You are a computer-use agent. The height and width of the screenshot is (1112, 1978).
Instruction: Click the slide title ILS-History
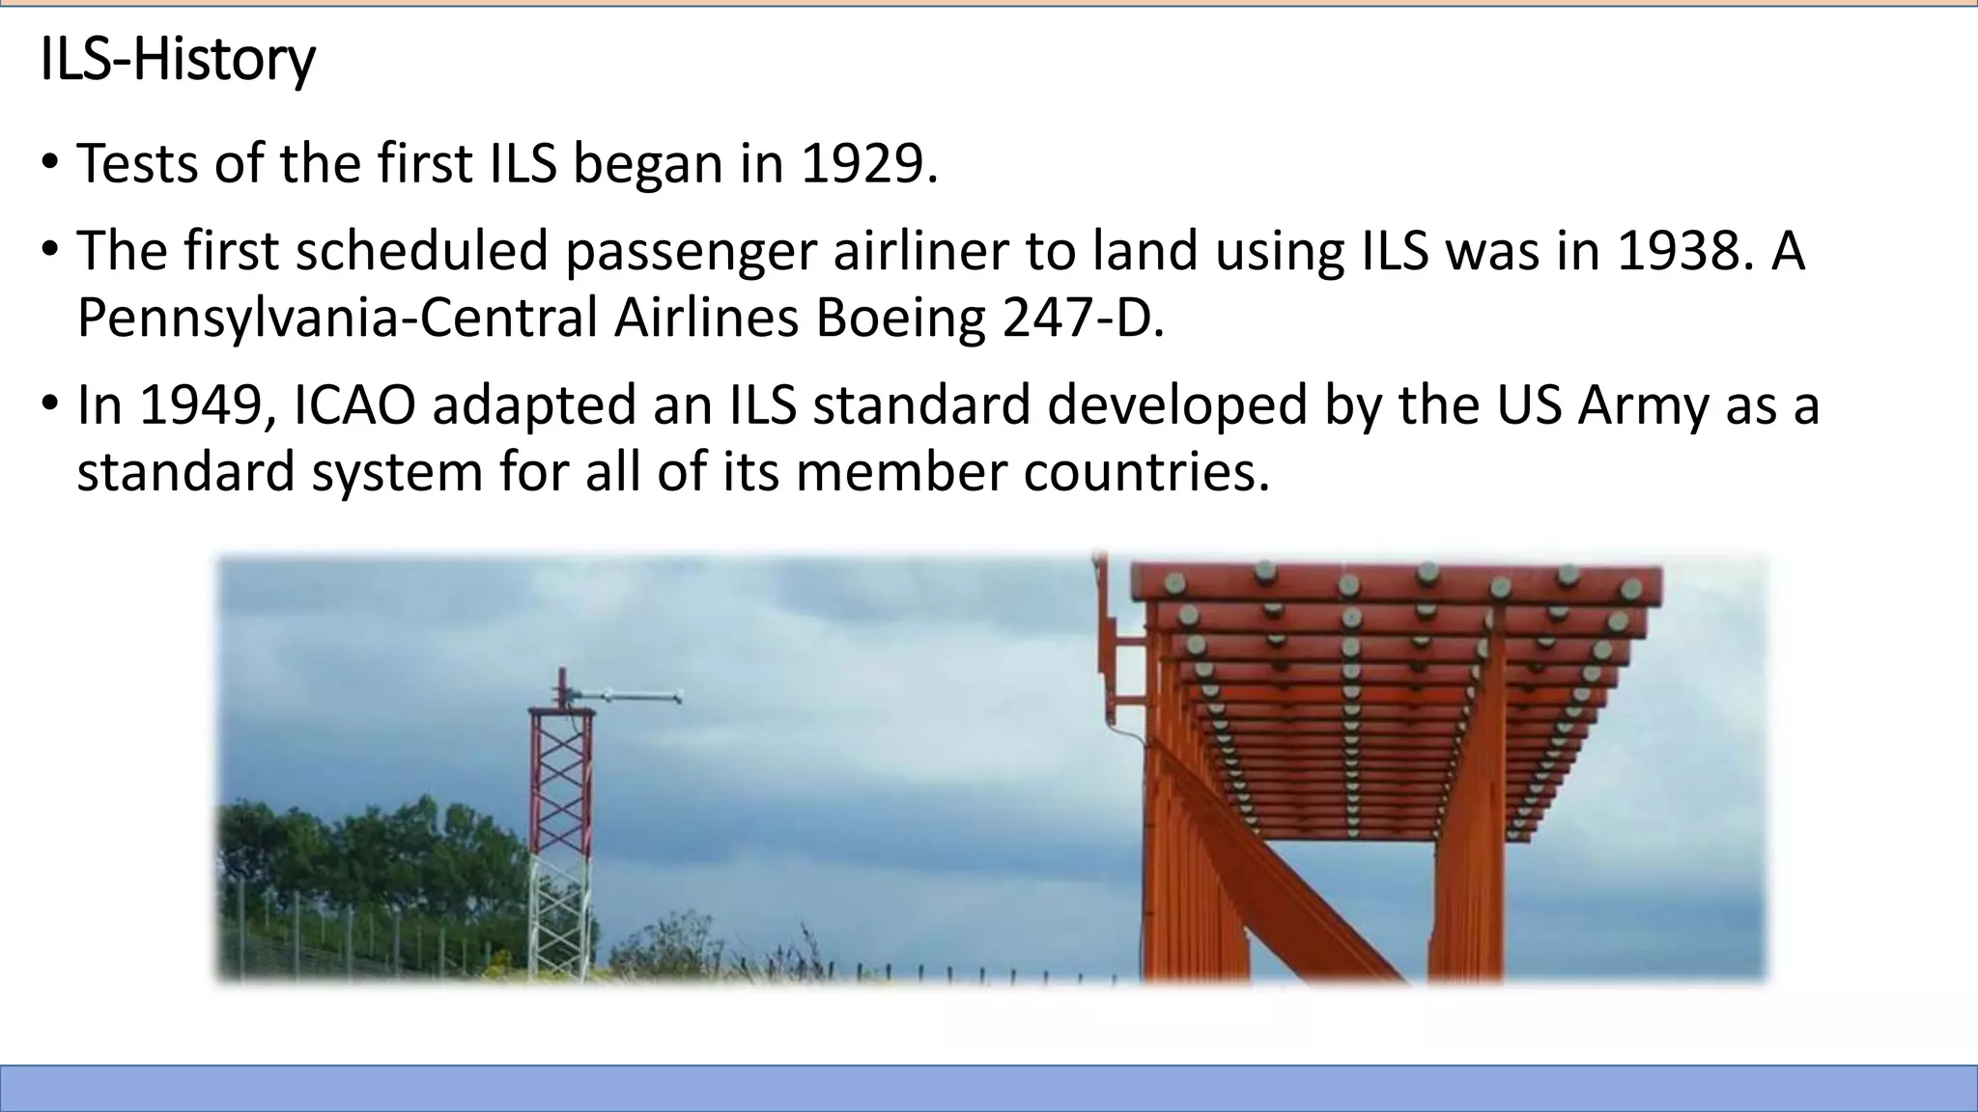(x=178, y=60)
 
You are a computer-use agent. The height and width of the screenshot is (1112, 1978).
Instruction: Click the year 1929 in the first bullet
(x=866, y=163)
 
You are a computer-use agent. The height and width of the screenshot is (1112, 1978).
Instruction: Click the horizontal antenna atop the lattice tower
(x=628, y=696)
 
